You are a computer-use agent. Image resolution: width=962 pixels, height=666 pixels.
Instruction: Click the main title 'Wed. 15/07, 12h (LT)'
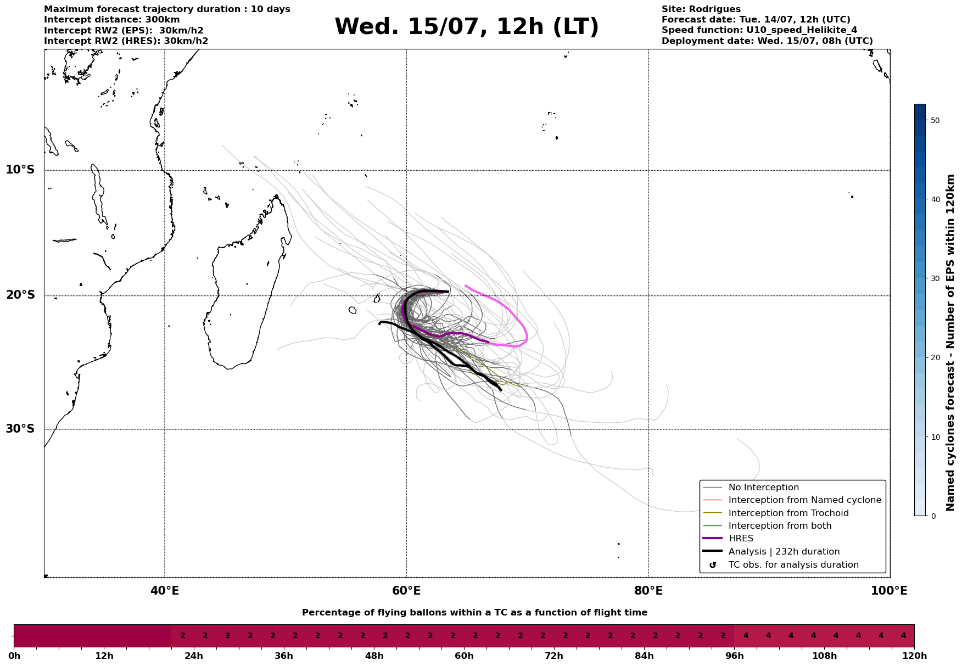coord(467,27)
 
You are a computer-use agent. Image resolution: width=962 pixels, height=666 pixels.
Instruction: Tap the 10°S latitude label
coord(20,170)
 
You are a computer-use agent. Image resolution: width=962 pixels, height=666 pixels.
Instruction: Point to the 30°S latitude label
coord(20,429)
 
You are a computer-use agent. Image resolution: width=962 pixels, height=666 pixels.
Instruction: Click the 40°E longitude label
coord(165,591)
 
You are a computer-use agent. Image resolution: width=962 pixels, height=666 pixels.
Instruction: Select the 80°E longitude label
coord(648,591)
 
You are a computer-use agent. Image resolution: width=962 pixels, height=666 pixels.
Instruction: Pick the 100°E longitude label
coord(890,591)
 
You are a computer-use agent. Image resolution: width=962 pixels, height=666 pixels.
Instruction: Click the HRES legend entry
coord(741,539)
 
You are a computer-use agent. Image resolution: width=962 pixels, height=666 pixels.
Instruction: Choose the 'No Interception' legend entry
coord(764,488)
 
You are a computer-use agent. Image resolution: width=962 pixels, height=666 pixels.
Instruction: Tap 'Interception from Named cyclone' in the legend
coord(805,500)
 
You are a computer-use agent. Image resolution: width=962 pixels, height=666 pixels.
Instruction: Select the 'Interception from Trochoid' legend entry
coord(788,513)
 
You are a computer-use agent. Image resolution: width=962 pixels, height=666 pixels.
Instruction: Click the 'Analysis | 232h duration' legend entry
coord(784,552)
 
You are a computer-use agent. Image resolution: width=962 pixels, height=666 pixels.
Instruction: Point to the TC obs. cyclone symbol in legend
coord(713,565)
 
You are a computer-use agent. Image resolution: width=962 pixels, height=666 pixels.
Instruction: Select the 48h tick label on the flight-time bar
coord(374,656)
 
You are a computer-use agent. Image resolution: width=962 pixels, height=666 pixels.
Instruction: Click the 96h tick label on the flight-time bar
coord(735,656)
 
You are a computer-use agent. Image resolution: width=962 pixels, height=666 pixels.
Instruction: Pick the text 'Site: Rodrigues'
coord(701,9)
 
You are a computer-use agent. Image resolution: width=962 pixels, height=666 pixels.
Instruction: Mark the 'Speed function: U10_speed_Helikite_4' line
coord(759,30)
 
